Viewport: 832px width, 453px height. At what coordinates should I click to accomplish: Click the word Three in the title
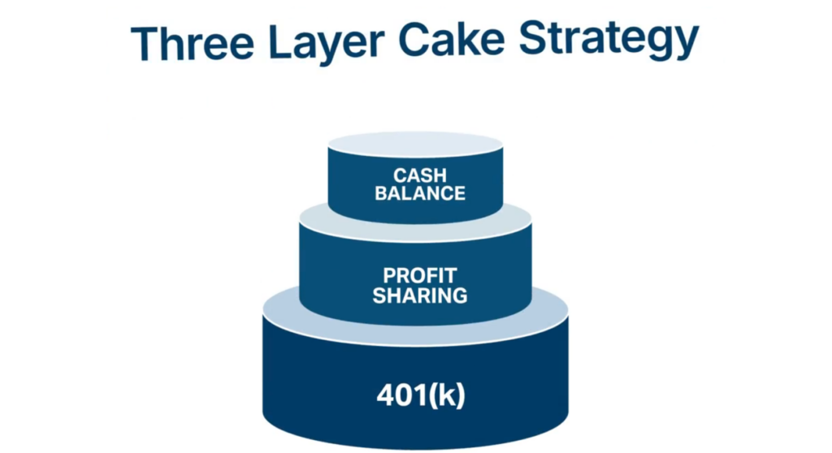193,42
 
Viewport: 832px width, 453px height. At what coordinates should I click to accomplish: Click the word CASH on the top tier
420,175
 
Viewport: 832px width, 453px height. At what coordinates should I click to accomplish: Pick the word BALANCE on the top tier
420,193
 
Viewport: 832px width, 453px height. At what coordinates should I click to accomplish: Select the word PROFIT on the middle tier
420,276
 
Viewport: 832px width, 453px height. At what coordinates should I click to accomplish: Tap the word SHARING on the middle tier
420,296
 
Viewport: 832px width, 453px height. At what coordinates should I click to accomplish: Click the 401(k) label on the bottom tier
420,395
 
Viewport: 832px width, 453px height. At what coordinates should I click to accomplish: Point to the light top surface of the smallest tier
415,143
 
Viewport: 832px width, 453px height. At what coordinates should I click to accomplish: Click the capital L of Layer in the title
280,41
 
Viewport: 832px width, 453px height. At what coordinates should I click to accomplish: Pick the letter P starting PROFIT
390,276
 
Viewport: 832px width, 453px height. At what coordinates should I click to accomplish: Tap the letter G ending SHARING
460,296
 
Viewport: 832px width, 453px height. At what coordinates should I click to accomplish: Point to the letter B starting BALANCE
382,193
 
